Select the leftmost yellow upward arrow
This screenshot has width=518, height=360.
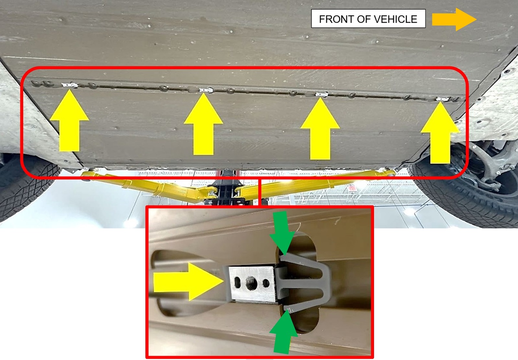point(69,120)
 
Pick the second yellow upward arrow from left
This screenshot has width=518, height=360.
point(203,124)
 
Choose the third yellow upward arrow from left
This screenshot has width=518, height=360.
point(320,128)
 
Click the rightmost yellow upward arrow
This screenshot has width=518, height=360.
point(440,133)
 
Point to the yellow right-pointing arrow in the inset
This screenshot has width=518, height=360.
point(188,282)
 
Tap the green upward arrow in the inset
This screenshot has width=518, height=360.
point(284,331)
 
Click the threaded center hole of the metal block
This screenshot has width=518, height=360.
point(252,283)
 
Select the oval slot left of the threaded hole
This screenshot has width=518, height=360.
point(238,283)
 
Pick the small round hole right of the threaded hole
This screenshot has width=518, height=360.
point(266,283)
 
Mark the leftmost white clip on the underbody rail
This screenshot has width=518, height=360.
point(70,85)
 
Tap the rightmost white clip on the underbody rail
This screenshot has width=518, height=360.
point(443,99)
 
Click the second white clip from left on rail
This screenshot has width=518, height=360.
point(206,90)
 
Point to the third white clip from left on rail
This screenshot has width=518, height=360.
point(322,94)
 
